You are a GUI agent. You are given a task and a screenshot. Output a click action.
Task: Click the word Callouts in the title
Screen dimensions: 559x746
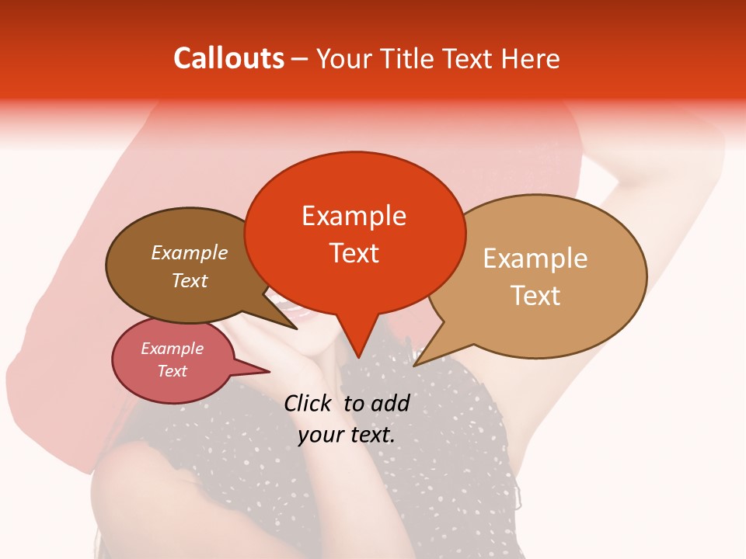[228, 58]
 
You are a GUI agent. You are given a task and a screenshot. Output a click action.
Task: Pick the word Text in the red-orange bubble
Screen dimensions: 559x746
[354, 253]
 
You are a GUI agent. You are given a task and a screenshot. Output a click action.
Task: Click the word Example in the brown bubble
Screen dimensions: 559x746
[189, 252]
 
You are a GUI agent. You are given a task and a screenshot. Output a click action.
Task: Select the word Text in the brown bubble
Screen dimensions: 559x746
[189, 280]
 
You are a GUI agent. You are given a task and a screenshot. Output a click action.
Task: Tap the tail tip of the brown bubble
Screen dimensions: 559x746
[297, 329]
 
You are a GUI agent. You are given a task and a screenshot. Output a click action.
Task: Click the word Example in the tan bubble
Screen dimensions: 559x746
[535, 258]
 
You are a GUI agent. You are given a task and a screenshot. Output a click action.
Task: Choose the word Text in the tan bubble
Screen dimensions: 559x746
[535, 295]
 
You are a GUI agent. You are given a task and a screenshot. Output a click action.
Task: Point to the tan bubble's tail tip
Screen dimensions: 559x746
[414, 365]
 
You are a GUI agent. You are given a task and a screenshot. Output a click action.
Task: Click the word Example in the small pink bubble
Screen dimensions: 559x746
[172, 349]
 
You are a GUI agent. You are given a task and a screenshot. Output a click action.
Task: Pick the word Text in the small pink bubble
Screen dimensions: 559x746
[172, 371]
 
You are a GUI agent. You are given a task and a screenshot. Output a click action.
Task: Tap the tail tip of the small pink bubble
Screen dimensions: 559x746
[270, 371]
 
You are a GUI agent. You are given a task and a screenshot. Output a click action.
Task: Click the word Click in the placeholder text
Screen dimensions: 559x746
[309, 403]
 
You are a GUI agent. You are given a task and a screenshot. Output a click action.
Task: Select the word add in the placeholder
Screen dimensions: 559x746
[389, 403]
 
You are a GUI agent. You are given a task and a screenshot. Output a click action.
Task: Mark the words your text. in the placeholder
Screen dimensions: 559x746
[347, 435]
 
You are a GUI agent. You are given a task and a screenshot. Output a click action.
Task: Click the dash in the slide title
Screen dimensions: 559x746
[301, 59]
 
